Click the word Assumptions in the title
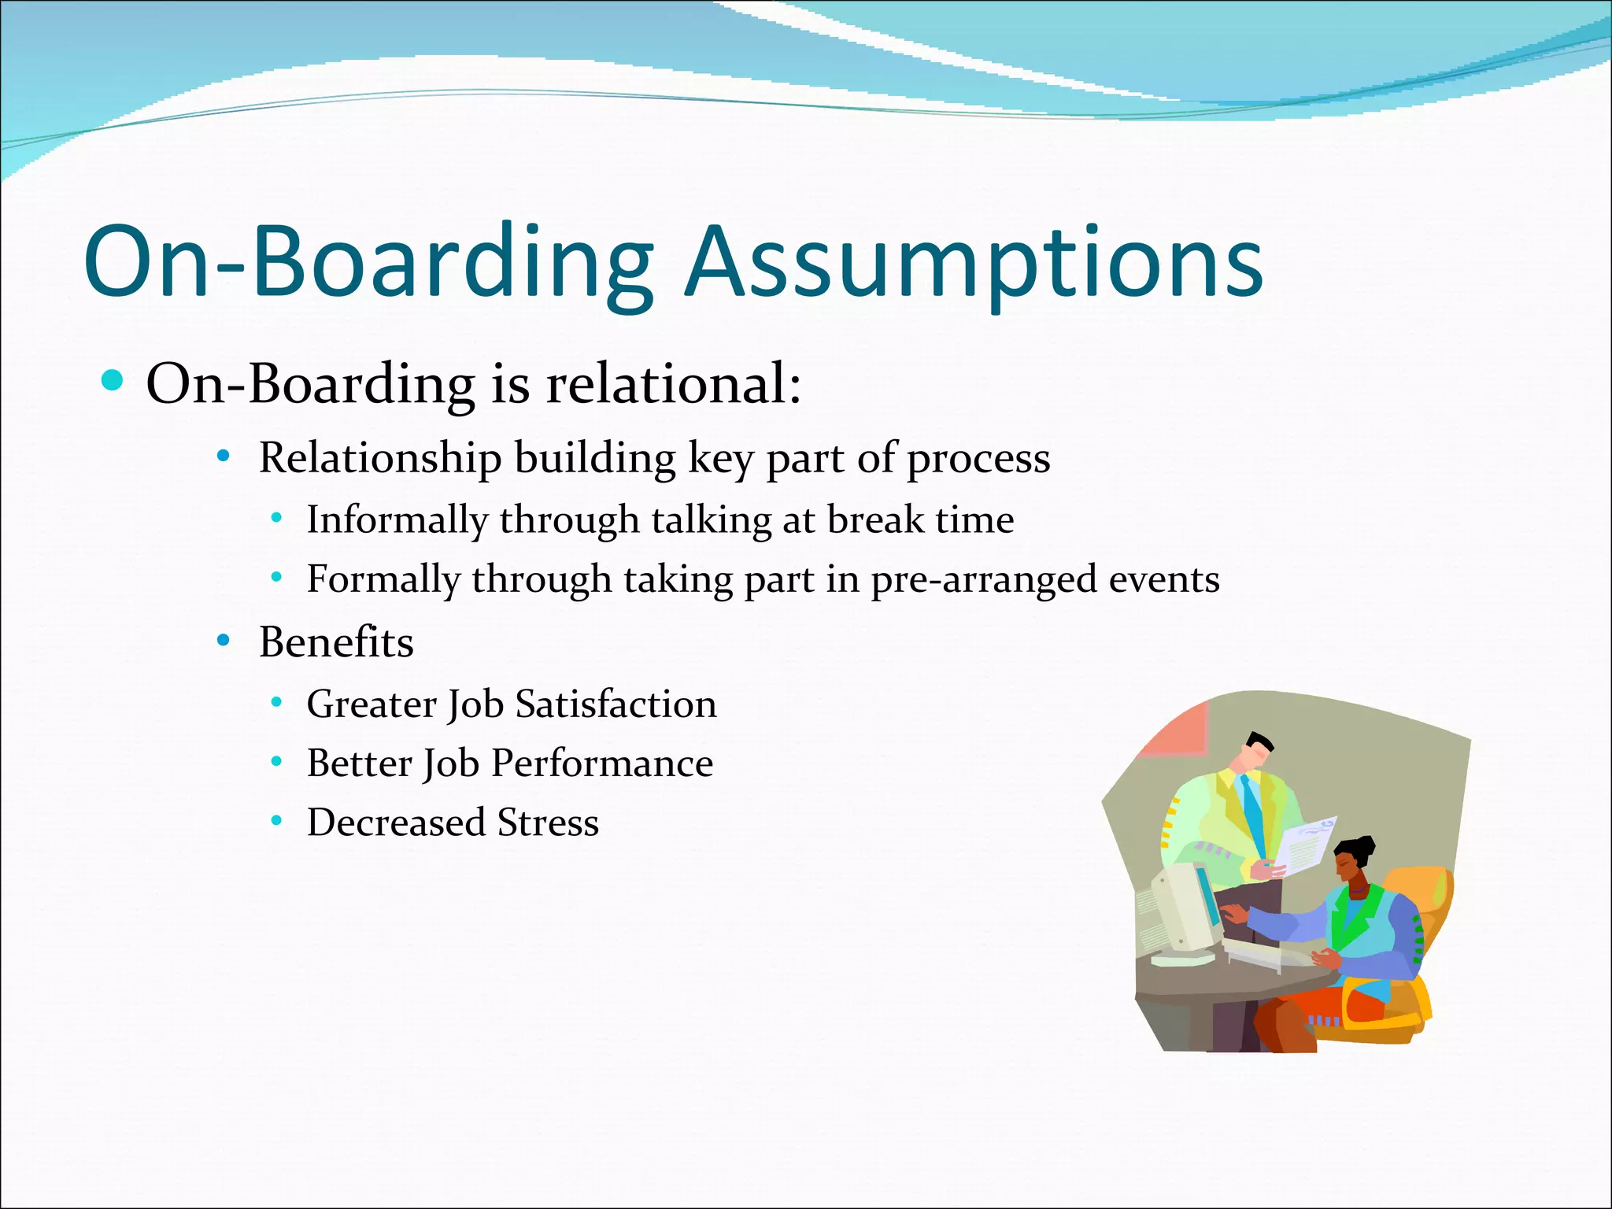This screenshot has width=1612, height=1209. point(974,262)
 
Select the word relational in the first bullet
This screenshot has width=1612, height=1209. point(674,384)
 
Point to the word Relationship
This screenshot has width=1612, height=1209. point(380,457)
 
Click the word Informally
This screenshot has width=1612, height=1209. point(397,520)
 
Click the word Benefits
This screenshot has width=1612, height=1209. point(336,641)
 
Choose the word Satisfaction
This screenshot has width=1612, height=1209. point(616,703)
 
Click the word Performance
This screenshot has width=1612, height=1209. point(602,763)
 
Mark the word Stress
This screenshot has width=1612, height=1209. point(548,823)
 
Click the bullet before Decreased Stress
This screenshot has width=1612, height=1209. point(276,822)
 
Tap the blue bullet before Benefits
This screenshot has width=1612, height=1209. point(224,640)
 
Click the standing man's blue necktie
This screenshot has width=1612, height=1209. point(1252,811)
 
